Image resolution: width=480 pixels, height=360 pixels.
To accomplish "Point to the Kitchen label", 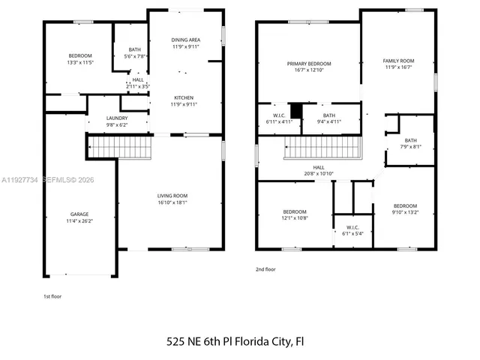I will (x=184, y=97).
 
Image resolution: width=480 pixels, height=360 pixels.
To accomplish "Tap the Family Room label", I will (x=398, y=61).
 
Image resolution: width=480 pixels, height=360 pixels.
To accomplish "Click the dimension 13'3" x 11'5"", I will (x=80, y=62).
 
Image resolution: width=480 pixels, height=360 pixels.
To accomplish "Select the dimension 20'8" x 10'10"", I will (x=318, y=173).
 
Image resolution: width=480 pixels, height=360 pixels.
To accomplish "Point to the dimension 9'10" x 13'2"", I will (x=405, y=212).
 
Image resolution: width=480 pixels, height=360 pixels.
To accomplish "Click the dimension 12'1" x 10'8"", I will (x=295, y=218).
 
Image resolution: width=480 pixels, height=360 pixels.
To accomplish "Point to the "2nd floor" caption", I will (x=267, y=268).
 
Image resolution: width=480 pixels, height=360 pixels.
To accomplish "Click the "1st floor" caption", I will (x=52, y=296).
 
